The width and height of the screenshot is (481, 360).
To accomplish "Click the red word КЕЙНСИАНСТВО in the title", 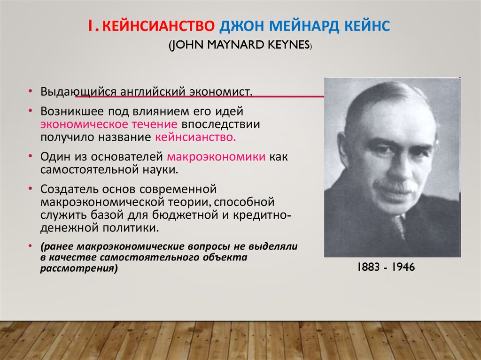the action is (158, 26).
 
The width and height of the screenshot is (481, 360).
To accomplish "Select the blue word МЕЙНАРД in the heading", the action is (304, 26).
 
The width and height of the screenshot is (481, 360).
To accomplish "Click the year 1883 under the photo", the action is (368, 267).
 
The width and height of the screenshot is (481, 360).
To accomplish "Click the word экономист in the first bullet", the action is (220, 92).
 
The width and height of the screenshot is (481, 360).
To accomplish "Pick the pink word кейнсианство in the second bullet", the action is (195, 137).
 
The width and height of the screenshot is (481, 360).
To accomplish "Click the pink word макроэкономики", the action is (216, 157).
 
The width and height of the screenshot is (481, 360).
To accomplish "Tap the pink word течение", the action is (154, 124).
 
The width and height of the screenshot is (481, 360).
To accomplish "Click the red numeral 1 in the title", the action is (91, 26).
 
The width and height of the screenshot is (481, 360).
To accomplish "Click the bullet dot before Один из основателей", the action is (31, 156).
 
